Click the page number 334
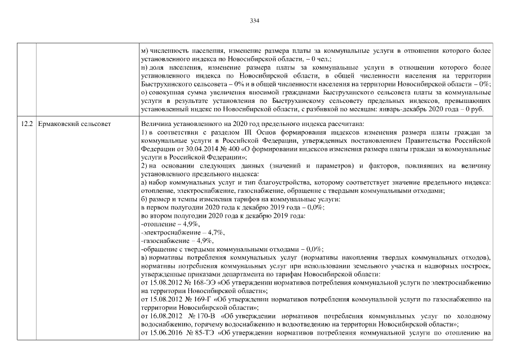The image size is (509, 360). pyautogui.click(x=254, y=21)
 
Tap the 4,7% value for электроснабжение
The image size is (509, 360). pyautogui.click(x=214, y=232)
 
